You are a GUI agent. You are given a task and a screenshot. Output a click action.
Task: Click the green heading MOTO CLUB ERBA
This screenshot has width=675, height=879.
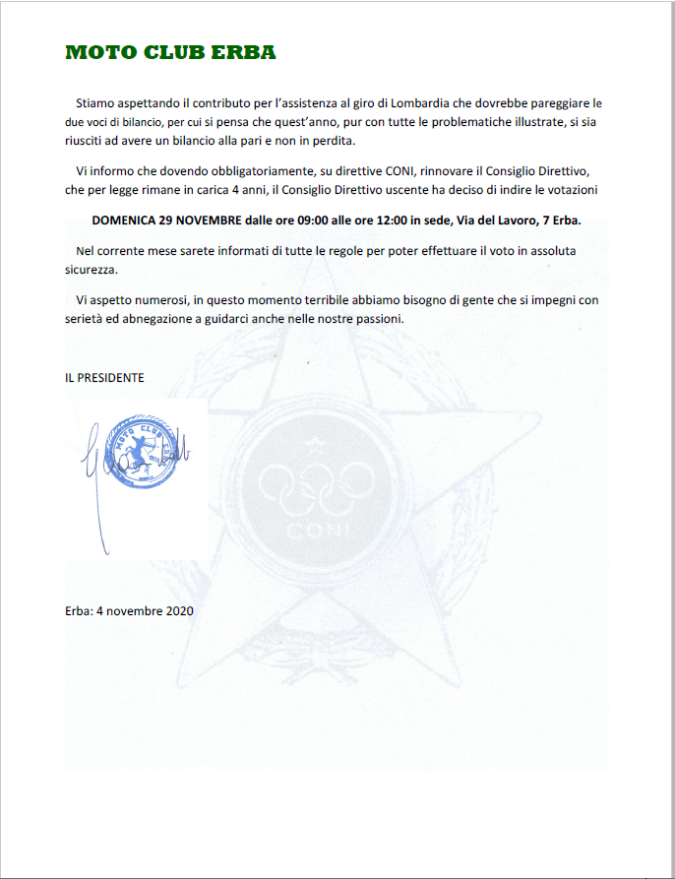(170, 53)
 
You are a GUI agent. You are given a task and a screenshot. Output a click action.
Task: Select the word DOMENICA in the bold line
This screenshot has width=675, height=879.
(123, 220)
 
